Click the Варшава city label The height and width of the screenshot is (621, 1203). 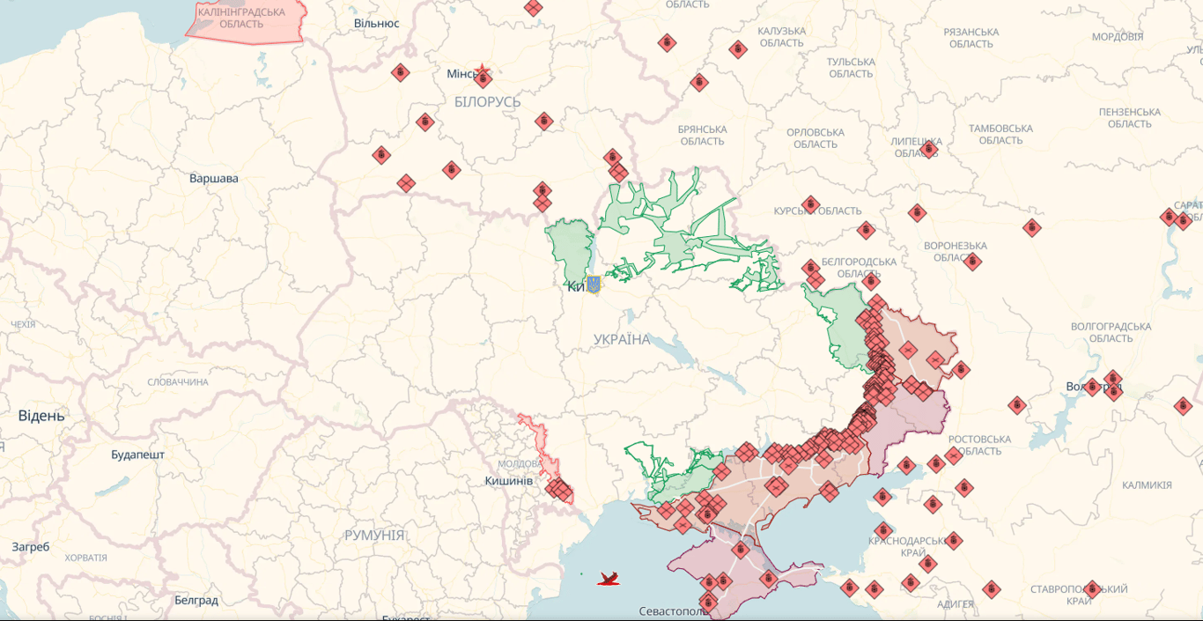pos(213,179)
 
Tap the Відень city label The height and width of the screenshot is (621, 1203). pos(41,416)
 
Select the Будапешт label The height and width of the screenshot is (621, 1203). pos(137,455)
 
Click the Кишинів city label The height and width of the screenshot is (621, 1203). pos(508,481)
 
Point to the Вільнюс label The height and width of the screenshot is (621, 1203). pos(376,23)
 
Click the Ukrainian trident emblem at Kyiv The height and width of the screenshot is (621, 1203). pos(593,285)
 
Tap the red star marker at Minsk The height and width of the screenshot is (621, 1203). pos(482,71)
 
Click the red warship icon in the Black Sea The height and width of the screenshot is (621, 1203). pos(609,579)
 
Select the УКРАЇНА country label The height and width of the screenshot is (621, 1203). pos(622,340)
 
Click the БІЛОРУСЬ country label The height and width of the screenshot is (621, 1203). pos(487,102)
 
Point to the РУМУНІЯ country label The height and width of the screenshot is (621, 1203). pos(374,536)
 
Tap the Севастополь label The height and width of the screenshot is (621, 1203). pos(674,611)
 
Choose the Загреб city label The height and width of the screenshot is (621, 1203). pos(31,547)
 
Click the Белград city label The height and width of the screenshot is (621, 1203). pos(196,601)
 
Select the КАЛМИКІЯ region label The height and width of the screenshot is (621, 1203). pos(1147,485)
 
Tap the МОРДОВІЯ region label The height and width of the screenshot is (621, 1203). pos(1118,37)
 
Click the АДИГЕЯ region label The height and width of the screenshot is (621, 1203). pos(956,604)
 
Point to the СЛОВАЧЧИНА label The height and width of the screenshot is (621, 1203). pos(178,382)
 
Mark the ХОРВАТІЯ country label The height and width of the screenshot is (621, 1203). pos(85,558)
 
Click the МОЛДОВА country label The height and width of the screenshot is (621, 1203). pos(520,464)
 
